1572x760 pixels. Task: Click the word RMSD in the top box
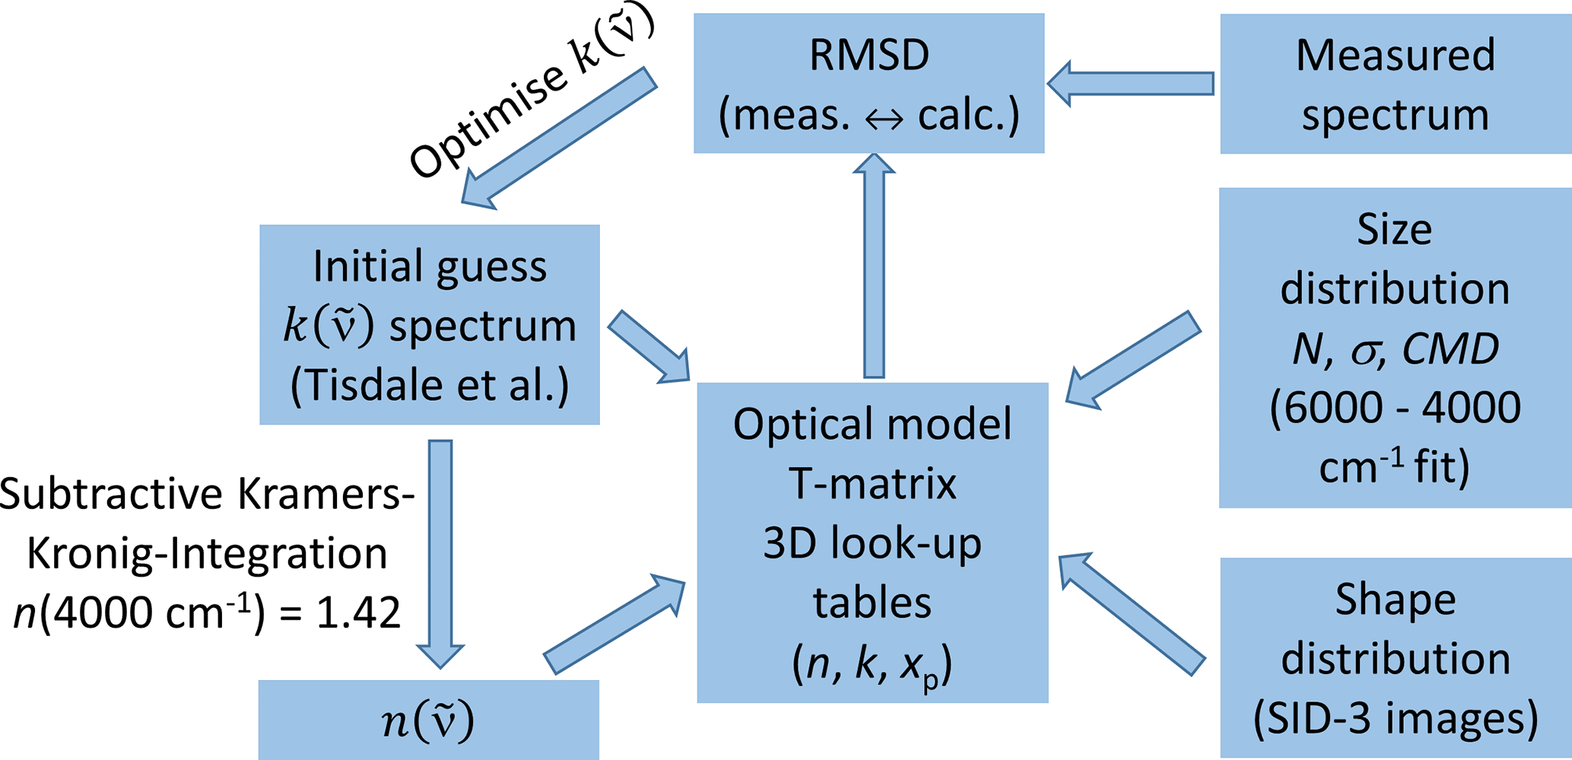(869, 56)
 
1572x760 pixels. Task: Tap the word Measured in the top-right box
(1395, 56)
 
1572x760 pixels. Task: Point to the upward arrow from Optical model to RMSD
(874, 266)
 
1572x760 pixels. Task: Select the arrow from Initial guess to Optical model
(649, 346)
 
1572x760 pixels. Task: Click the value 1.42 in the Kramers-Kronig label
(358, 612)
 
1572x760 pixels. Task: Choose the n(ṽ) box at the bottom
(428, 720)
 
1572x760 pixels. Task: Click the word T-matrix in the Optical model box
(872, 484)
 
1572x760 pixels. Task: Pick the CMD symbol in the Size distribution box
(1450, 349)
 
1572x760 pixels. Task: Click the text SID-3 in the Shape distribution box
(1326, 718)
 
